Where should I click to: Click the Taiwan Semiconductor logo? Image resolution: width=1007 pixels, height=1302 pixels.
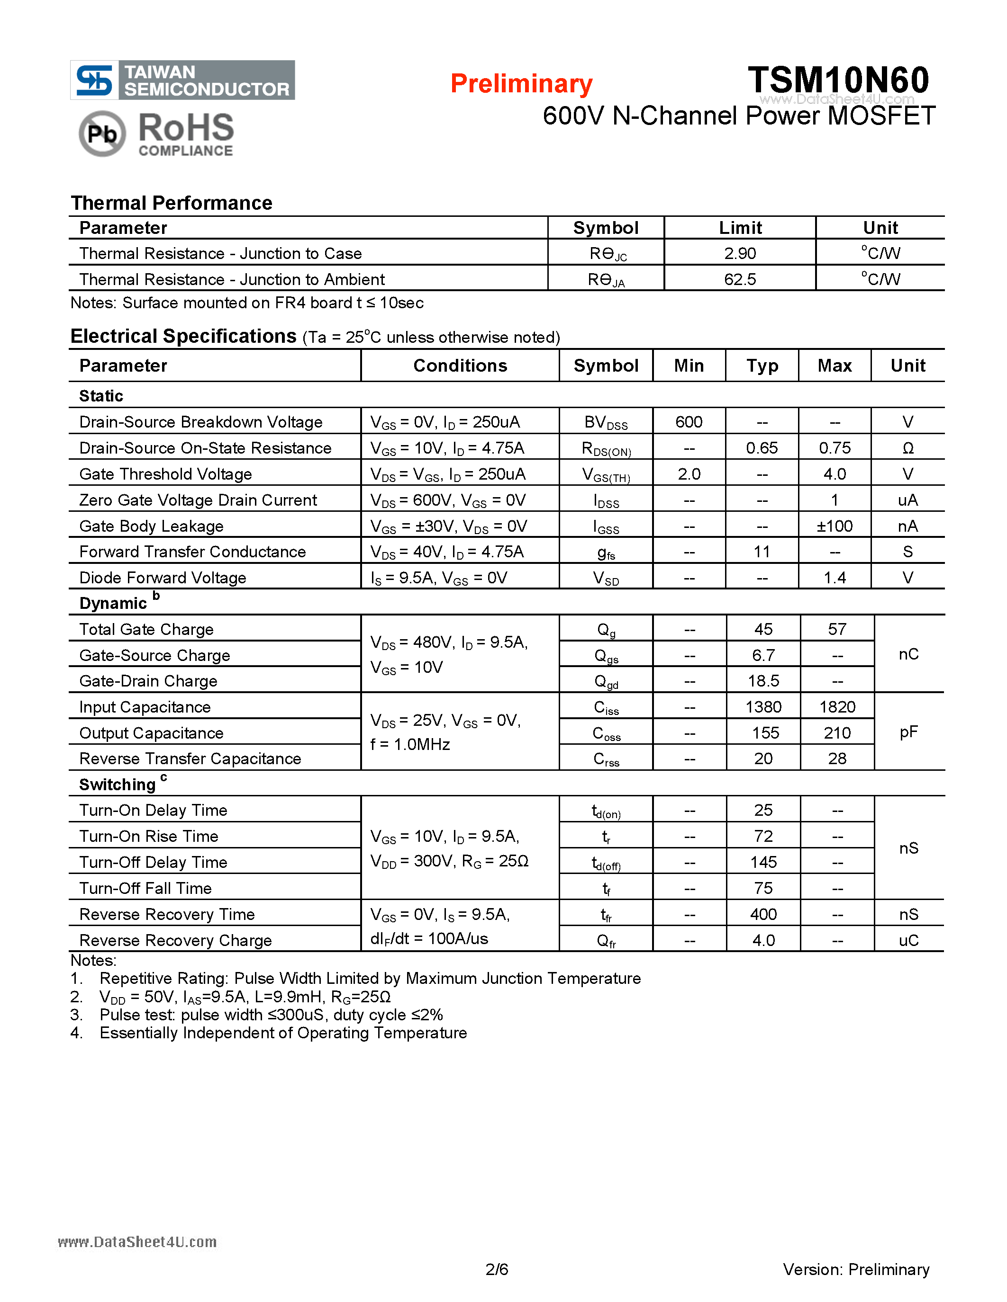(182, 80)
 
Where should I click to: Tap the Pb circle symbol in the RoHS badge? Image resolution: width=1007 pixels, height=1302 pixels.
(102, 134)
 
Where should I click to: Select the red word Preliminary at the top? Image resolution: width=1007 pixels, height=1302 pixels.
(521, 83)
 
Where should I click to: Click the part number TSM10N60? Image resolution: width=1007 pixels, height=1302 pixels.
(838, 79)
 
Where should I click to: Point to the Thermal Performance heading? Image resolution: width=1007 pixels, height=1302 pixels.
(171, 203)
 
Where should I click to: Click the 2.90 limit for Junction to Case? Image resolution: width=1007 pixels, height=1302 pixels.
(740, 253)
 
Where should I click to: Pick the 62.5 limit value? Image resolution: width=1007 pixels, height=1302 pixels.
(740, 279)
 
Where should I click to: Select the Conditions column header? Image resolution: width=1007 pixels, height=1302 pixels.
(460, 366)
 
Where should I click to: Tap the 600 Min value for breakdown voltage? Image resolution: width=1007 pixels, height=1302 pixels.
(689, 422)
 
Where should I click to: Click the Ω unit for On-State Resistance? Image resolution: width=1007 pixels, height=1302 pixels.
(907, 448)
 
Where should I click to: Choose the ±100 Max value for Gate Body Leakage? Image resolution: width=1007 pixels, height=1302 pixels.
(835, 526)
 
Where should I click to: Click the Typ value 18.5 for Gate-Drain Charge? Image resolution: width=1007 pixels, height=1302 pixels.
(763, 681)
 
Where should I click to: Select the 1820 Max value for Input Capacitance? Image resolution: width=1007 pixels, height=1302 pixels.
(837, 707)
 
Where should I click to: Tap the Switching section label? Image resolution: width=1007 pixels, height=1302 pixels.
(118, 785)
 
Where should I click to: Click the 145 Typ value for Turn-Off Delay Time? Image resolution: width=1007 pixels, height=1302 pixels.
(763, 862)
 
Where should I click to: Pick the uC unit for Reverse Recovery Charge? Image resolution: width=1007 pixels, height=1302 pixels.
(908, 940)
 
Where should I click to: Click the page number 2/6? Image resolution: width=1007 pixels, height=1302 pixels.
(496, 1269)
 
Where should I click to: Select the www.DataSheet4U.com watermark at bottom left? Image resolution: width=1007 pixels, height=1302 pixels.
(137, 1242)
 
